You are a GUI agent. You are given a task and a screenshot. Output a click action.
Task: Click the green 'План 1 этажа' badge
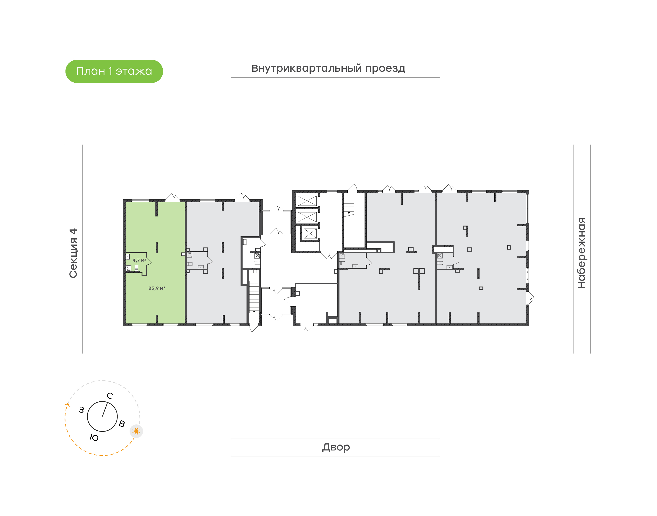114,71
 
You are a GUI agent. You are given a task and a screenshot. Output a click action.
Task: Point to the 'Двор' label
336,447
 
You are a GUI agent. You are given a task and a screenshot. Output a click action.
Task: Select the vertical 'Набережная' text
581,253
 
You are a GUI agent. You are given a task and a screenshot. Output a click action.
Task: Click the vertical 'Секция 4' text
73,253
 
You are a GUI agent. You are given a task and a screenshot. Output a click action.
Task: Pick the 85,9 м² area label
157,288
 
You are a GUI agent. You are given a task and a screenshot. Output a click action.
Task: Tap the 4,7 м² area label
139,260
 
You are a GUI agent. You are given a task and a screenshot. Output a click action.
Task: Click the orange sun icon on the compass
136,431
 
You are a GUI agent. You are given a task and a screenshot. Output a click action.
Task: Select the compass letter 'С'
110,396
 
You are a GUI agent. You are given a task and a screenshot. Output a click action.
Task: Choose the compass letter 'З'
81,410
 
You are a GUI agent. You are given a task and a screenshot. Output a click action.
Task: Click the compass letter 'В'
122,424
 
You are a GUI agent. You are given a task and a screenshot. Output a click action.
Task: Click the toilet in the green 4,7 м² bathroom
136,267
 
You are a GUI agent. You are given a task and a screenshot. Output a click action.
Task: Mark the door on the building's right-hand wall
530,297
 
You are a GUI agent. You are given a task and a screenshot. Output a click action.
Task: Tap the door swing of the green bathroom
149,262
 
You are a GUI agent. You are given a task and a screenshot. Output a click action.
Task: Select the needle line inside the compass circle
105,409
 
